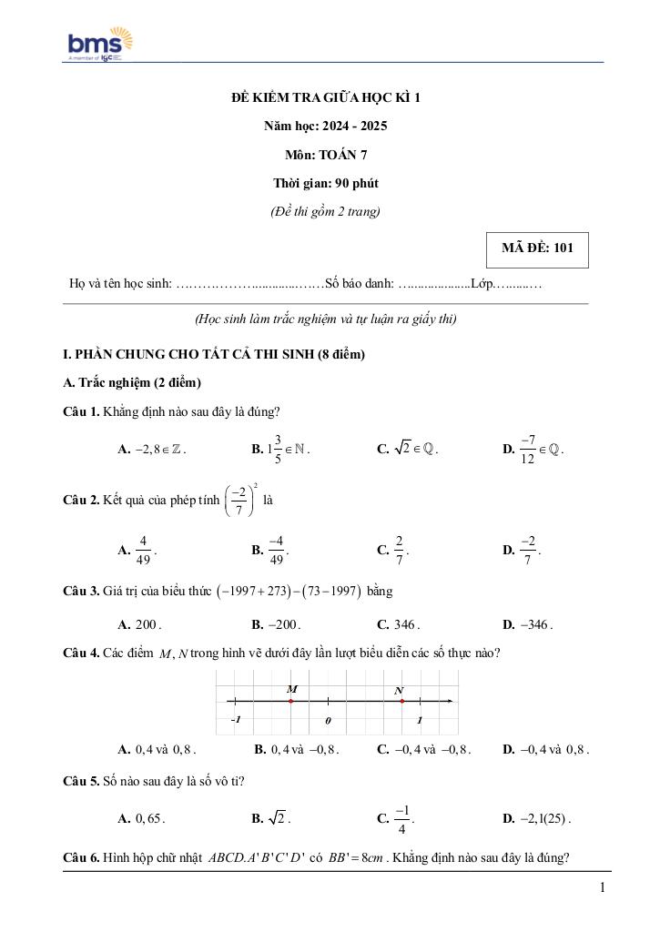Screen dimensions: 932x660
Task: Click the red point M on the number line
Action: [x=290, y=701]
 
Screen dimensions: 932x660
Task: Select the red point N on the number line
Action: [x=401, y=701]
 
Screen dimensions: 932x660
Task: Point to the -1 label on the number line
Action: [x=235, y=720]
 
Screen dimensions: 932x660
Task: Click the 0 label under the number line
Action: [x=328, y=721]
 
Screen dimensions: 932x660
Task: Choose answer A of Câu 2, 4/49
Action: [x=143, y=551]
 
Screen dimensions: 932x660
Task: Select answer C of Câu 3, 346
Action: [x=404, y=625]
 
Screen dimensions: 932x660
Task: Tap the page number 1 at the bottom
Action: [x=603, y=887]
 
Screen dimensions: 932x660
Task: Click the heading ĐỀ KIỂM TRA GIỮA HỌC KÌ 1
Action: [x=326, y=97]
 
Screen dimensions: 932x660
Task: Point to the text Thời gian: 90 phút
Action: [x=325, y=183]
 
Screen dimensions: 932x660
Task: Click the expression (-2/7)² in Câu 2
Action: [x=240, y=501]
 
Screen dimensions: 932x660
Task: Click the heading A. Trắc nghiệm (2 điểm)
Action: [x=132, y=382]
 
